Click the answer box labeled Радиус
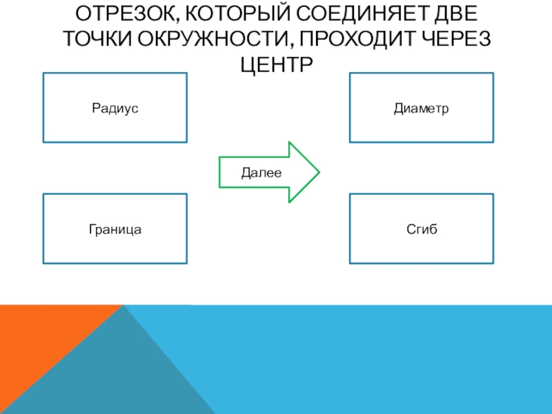click(x=115, y=108)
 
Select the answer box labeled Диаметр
click(x=421, y=108)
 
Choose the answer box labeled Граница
click(x=115, y=228)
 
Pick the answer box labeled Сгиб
click(x=421, y=228)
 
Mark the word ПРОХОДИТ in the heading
click(x=364, y=39)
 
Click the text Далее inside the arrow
click(x=261, y=173)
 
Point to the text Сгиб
click(x=421, y=228)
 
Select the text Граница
click(x=115, y=228)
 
